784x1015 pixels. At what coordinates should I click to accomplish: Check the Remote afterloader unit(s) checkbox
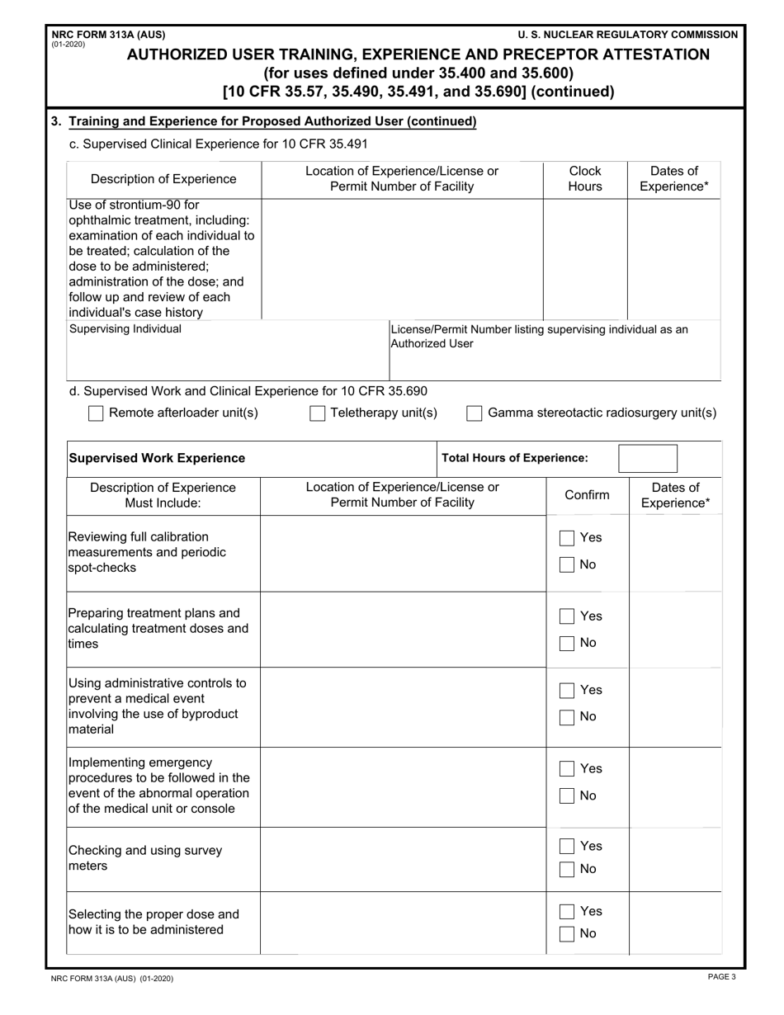click(x=96, y=413)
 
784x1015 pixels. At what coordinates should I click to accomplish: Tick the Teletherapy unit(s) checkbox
click(x=317, y=413)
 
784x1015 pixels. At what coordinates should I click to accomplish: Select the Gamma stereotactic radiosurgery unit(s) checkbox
click(x=475, y=413)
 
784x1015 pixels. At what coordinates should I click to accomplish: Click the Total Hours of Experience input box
click(x=647, y=458)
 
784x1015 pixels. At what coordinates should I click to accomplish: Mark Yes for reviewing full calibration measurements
click(x=567, y=538)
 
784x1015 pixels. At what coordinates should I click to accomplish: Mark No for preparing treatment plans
click(x=567, y=644)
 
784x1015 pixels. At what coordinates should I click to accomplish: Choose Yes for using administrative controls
click(x=567, y=691)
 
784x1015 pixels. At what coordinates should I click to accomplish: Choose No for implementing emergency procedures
click(x=567, y=796)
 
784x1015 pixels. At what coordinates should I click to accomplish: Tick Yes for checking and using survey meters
click(x=567, y=847)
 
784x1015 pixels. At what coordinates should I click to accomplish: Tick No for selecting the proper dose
click(x=567, y=934)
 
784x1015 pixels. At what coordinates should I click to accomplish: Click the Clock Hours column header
click(x=585, y=178)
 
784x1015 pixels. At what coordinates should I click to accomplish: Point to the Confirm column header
click(x=587, y=495)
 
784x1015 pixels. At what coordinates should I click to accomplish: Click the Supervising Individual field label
click(x=125, y=329)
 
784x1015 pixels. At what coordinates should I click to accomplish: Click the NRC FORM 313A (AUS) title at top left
click(x=108, y=35)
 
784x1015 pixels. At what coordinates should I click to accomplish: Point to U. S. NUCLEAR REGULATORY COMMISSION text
click(x=627, y=35)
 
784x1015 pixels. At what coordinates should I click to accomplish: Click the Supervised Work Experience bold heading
click(x=157, y=458)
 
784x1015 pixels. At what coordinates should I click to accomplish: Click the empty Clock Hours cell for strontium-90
click(x=585, y=258)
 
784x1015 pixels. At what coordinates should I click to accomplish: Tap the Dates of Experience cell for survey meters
click(x=674, y=859)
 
